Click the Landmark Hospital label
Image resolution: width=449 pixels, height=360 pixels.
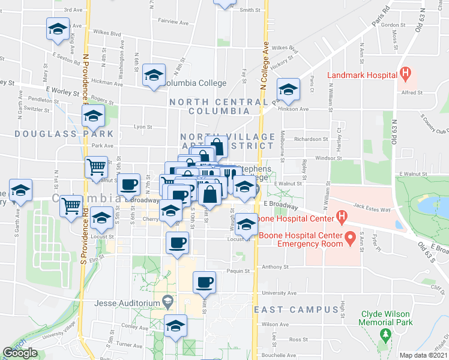(x=362, y=75)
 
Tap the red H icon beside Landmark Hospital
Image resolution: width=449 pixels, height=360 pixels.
(x=407, y=75)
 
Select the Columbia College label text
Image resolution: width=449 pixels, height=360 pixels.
(x=195, y=83)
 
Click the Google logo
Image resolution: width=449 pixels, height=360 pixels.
(x=20, y=353)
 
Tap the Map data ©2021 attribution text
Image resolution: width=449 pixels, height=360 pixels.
(x=424, y=355)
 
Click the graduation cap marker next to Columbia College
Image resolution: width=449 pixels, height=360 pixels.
(x=154, y=75)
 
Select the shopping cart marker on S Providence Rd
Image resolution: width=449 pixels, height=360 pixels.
(x=71, y=205)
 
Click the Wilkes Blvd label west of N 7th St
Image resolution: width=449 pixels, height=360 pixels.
(x=107, y=34)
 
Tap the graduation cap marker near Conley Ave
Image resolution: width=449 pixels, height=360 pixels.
(x=175, y=326)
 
